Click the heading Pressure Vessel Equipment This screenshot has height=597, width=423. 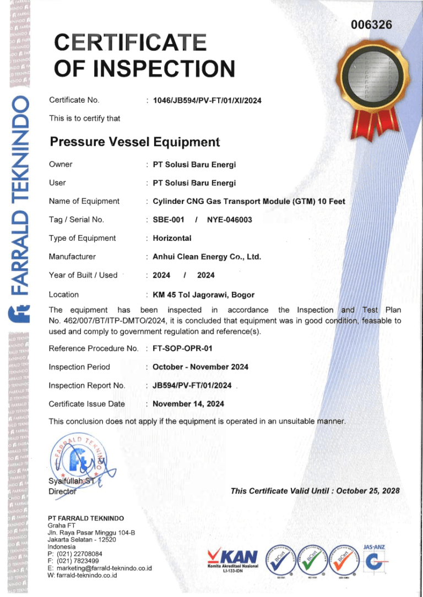pyautogui.click(x=135, y=142)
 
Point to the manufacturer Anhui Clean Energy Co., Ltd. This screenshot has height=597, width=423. pyautogui.click(x=207, y=257)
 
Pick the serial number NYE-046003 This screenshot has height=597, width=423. pyautogui.click(x=229, y=220)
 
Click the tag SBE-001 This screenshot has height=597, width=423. pyautogui.click(x=168, y=220)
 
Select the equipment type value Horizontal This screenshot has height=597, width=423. pyautogui.click(x=172, y=239)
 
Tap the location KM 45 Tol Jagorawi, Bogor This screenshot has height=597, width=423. pyautogui.click(x=203, y=295)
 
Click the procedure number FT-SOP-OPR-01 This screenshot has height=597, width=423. pyautogui.click(x=182, y=349)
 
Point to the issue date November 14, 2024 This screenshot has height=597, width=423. pyautogui.click(x=188, y=404)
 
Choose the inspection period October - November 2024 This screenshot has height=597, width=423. pyautogui.click(x=200, y=367)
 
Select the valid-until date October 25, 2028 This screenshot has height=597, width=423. pyautogui.click(x=367, y=491)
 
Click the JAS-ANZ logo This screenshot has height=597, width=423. pyautogui.click(x=375, y=557)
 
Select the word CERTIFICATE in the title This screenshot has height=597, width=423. pyautogui.click(x=130, y=43)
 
